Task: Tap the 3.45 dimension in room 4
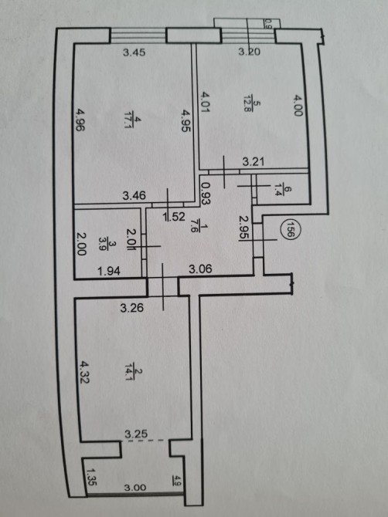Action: [134, 52]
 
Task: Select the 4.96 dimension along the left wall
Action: [80, 120]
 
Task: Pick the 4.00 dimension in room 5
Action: [298, 106]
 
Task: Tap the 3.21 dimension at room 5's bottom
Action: [254, 162]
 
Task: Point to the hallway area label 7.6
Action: [199, 228]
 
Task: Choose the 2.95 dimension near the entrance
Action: [244, 228]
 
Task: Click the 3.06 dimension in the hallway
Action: [200, 269]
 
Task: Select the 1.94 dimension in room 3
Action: [109, 272]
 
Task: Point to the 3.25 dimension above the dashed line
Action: [136, 434]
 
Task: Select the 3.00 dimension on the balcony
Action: [134, 488]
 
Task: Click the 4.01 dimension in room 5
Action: [206, 102]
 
